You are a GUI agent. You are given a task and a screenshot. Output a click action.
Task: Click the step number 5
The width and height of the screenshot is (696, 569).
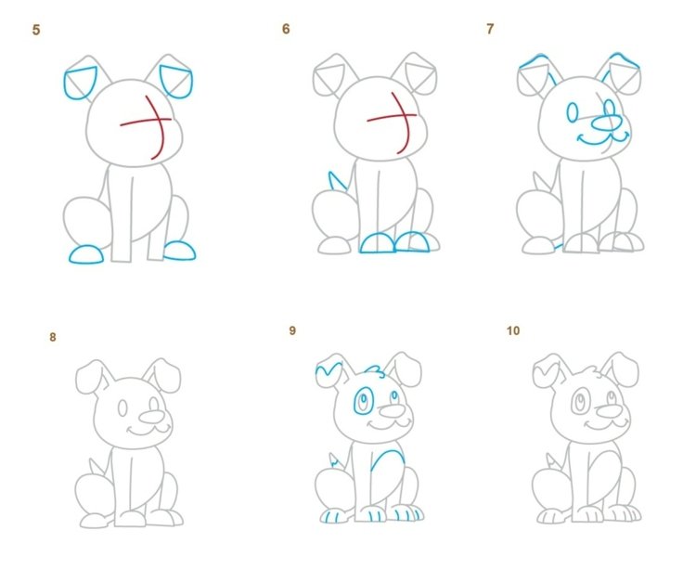(36, 31)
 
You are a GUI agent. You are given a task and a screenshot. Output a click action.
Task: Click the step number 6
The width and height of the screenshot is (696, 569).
(286, 30)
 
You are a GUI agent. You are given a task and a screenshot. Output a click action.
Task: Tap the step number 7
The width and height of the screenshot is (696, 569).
(490, 30)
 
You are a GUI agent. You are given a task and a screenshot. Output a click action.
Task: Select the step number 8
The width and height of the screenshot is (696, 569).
(53, 337)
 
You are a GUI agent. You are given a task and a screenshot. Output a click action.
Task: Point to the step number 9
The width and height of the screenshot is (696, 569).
(292, 330)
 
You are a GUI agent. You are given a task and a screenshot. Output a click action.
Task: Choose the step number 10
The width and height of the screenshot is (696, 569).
(513, 330)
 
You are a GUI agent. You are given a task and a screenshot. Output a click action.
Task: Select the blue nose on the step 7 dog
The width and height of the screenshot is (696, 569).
(607, 123)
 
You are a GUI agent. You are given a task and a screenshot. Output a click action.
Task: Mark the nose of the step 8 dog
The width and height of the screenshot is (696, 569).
(151, 417)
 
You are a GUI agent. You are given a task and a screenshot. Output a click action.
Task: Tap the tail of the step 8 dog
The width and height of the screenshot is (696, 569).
(95, 466)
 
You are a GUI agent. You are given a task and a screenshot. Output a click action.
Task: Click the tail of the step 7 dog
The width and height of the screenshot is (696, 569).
(539, 181)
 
